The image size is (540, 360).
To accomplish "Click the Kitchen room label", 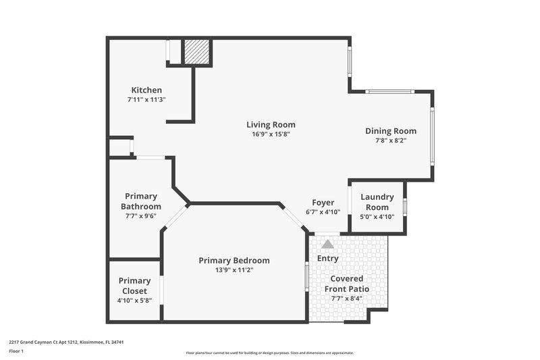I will [x=146, y=90].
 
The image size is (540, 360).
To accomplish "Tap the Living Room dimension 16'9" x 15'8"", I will [x=270, y=134].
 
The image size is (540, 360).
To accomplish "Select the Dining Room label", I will [x=391, y=131].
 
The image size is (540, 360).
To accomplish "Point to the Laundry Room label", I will [x=377, y=202].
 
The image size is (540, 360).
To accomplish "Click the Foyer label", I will [x=323, y=203].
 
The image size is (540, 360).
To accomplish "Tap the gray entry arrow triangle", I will [x=327, y=244].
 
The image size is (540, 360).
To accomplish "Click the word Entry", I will [x=327, y=258].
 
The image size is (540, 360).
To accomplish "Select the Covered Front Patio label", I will [x=347, y=284].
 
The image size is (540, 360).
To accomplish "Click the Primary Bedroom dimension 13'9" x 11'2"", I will [x=234, y=270].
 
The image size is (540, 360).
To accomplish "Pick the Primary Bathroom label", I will [x=140, y=201].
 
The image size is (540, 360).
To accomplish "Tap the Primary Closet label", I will [x=134, y=286].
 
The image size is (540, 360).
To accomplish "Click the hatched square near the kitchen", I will [x=197, y=52].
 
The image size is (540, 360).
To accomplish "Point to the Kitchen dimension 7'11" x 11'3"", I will [x=146, y=100].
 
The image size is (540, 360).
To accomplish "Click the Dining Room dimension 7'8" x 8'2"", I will [x=391, y=141].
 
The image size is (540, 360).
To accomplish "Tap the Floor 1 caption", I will [x=16, y=352].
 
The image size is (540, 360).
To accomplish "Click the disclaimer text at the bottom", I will [x=269, y=353].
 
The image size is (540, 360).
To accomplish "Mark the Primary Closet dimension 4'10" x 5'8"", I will [x=134, y=301].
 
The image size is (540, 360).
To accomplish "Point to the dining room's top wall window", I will [x=389, y=91].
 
